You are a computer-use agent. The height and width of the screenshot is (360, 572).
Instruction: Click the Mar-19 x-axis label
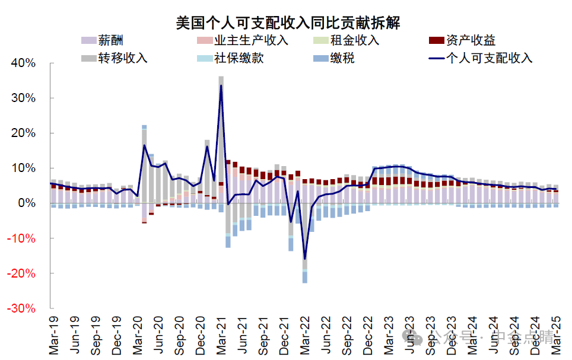54,334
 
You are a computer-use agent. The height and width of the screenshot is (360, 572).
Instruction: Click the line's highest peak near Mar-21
221,85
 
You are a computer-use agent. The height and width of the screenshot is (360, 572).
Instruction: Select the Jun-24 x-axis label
494,334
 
